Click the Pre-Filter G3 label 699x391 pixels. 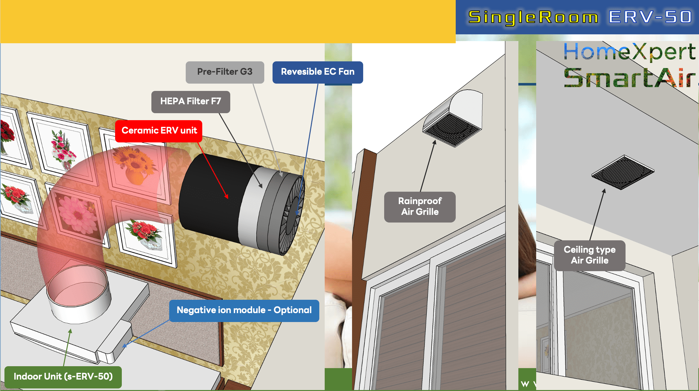225,72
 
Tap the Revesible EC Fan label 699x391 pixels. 318,72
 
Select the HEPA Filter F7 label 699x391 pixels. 190,102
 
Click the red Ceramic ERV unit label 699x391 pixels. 159,131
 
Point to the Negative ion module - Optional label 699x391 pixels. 244,311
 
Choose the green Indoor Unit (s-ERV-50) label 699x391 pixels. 63,377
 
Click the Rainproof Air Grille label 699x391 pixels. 420,207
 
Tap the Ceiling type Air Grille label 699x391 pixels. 590,256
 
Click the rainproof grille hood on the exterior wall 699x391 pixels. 453,118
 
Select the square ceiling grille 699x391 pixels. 623,172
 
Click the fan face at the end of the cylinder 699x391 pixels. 292,216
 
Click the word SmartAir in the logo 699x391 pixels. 630,78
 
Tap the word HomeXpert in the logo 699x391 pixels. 630,51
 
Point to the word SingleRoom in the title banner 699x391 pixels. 533,17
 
